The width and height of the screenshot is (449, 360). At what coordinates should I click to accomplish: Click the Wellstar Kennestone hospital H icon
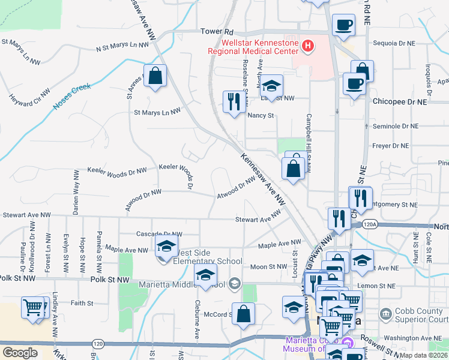pos(307,46)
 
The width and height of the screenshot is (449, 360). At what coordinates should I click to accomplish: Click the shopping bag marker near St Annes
pos(155,77)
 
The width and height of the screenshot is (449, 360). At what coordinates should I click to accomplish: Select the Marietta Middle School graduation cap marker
pos(205,277)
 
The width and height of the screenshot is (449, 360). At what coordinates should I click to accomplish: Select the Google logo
pos(20,352)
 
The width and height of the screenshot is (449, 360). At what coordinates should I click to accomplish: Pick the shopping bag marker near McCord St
pos(243,314)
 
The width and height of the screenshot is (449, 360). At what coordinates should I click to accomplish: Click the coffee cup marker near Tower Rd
pos(343,26)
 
